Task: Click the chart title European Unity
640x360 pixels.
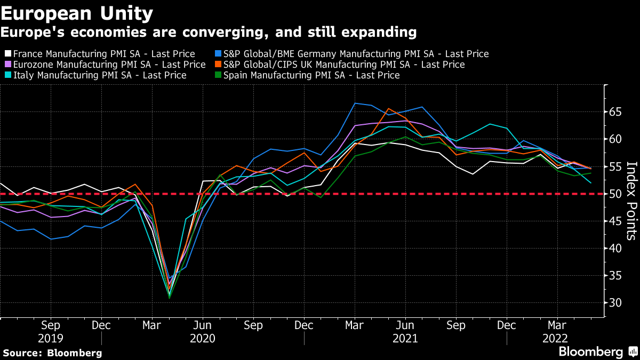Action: (77, 13)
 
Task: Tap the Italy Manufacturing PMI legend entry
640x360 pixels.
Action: (99, 75)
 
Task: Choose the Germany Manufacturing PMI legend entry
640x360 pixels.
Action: (355, 54)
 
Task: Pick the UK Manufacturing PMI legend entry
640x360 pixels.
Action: (343, 65)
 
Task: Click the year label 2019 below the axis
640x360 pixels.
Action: (50, 338)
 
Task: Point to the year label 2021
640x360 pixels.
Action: (405, 338)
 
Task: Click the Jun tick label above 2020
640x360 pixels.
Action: (203, 325)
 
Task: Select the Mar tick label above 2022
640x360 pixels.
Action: (557, 325)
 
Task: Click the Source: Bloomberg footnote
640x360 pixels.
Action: (52, 353)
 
